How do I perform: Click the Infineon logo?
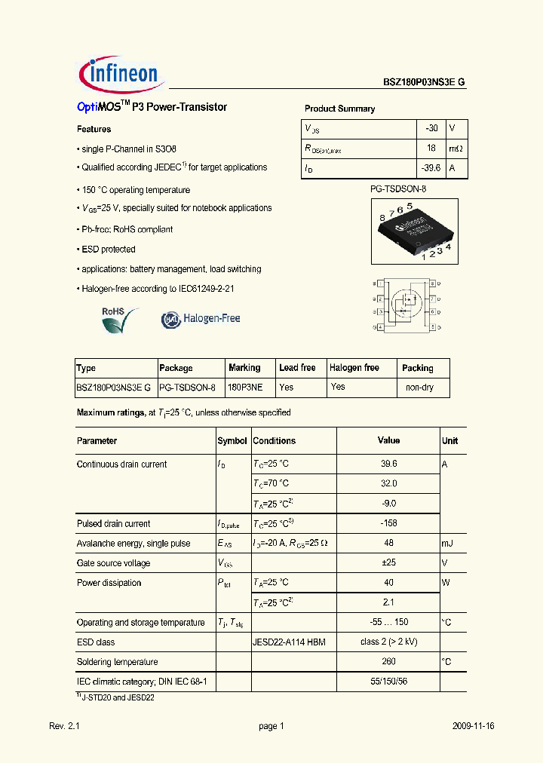[118, 72]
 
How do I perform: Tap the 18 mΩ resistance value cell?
[431, 149]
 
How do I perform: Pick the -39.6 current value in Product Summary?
[430, 169]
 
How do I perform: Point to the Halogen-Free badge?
[201, 319]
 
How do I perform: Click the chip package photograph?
[415, 231]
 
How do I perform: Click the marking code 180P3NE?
[247, 388]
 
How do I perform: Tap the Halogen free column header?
[354, 368]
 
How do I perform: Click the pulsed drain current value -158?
[388, 523]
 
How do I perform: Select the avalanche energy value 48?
[388, 543]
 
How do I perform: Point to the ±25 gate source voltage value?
[388, 563]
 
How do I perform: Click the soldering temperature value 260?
[388, 662]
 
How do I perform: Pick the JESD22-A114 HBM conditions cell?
[289, 642]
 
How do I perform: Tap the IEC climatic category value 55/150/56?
[388, 682]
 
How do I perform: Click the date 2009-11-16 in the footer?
[473, 726]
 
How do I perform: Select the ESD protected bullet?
[107, 250]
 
